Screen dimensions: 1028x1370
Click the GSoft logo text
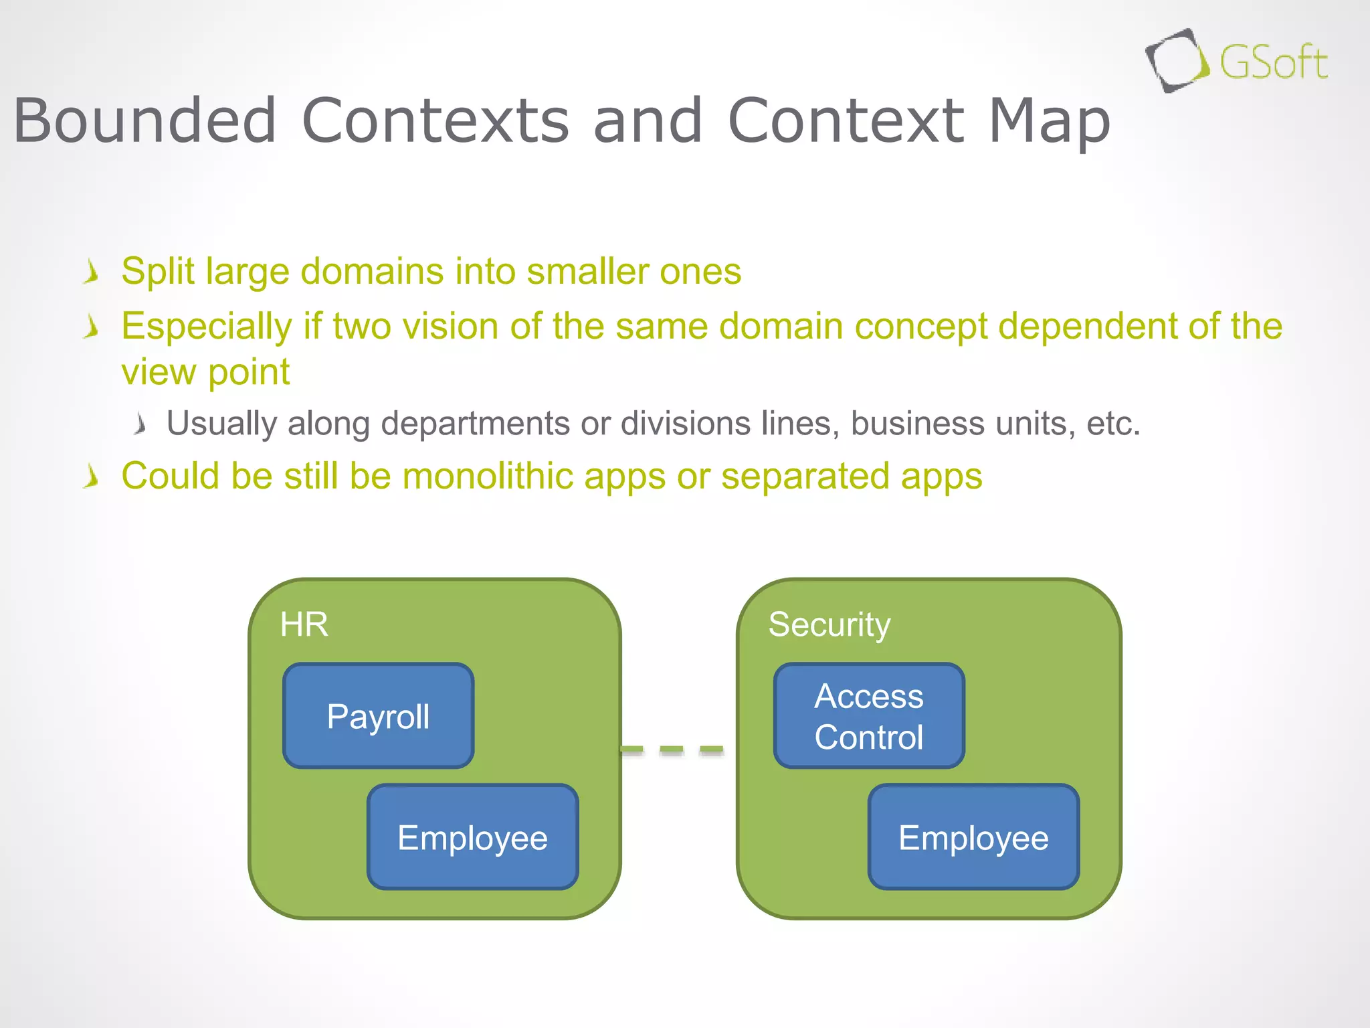[1273, 64]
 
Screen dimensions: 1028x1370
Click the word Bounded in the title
[144, 121]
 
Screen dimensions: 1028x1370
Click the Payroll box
[378, 716]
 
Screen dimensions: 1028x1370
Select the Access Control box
[868, 716]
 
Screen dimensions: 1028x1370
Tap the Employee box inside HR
[472, 837]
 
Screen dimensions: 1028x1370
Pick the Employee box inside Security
[973, 837]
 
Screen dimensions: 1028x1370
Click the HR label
[304, 624]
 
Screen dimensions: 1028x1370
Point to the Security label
[829, 624]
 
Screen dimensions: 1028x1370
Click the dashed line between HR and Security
[672, 750]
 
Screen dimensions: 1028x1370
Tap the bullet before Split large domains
[92, 273]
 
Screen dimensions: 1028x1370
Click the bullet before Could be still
[92, 477]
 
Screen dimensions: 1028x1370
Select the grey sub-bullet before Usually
[139, 424]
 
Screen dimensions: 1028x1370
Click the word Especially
[206, 327]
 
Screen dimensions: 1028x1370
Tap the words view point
[205, 372]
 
